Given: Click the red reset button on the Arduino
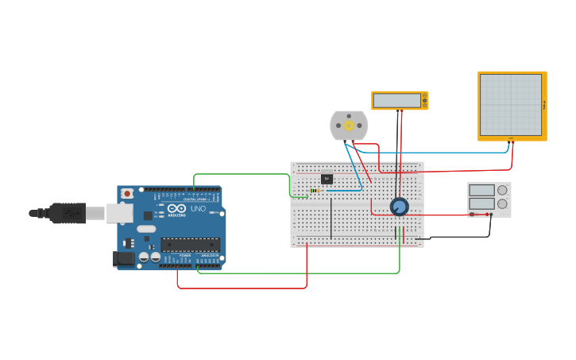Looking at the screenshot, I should [x=126, y=193].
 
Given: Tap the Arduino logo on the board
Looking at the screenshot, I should [x=176, y=209].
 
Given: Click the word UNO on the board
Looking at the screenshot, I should [x=198, y=209].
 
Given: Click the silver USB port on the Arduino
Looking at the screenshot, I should [x=119, y=213].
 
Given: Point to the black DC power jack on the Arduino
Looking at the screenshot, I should [x=123, y=257].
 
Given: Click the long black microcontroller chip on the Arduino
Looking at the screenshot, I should [x=190, y=245].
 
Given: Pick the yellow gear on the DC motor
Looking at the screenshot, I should [x=349, y=126].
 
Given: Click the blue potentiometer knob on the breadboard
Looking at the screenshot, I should [x=399, y=207].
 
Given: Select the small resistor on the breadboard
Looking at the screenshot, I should [x=316, y=191].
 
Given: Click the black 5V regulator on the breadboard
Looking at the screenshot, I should [x=327, y=179].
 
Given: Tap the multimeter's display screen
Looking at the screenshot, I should [x=396, y=101].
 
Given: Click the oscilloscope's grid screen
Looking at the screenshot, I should [x=510, y=105].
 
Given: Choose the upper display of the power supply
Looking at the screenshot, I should [x=481, y=190].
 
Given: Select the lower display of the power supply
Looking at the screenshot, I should [x=481, y=203].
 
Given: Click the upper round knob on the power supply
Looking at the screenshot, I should [x=501, y=190].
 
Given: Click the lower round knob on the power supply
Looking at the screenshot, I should [x=501, y=203].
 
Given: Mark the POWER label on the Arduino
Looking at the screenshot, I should [x=184, y=255].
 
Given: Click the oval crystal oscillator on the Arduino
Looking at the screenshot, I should [x=146, y=229].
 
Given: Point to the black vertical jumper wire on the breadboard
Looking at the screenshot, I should [x=331, y=219].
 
